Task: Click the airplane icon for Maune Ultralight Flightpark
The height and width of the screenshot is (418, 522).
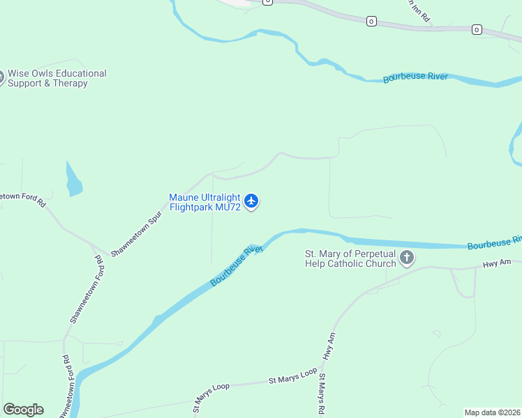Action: (x=252, y=202)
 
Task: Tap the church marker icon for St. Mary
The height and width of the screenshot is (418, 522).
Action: (x=407, y=259)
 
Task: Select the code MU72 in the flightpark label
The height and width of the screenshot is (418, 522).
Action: (x=227, y=207)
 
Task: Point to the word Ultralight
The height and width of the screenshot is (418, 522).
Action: (x=220, y=197)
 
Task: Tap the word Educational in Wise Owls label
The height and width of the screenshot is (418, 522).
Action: (x=81, y=73)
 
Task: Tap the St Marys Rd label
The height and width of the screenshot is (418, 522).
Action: (x=322, y=394)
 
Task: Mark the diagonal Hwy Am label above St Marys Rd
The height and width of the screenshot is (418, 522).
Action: (x=329, y=346)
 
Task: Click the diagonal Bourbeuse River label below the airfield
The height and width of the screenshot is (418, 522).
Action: (x=236, y=265)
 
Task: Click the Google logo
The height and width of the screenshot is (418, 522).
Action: (x=23, y=410)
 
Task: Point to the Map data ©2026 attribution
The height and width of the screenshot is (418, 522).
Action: (x=492, y=412)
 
